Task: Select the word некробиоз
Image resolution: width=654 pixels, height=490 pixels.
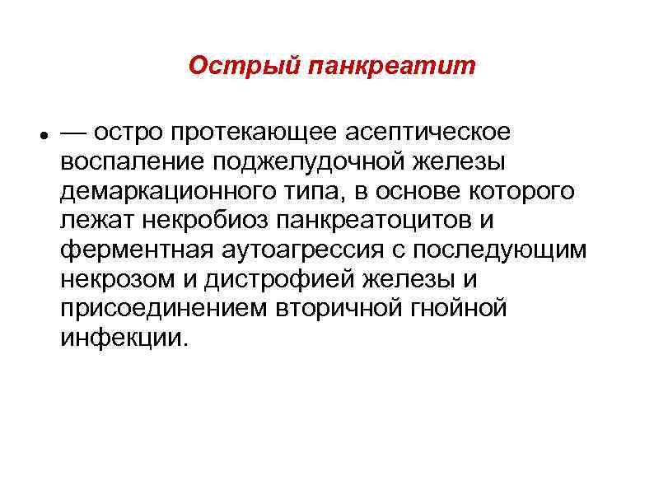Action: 201,222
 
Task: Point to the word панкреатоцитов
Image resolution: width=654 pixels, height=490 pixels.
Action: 385,222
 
